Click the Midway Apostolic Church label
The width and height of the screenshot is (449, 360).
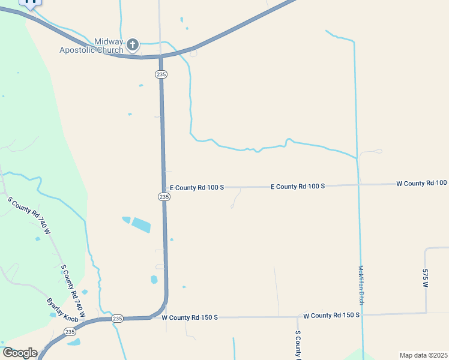(91, 46)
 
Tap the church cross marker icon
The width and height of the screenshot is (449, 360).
(133, 44)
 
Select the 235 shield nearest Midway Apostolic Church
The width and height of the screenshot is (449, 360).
(160, 74)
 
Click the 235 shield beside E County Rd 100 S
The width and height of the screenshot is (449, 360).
(164, 197)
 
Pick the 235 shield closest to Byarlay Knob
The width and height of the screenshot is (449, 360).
(70, 331)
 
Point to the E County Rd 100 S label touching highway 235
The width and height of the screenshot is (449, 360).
(196, 188)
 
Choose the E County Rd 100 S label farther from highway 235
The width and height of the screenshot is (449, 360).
(297, 187)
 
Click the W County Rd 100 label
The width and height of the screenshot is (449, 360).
(421, 183)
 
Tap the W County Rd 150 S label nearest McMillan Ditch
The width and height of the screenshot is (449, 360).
(331, 315)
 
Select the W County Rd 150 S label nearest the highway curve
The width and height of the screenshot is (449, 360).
(190, 317)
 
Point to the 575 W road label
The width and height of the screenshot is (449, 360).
(424, 278)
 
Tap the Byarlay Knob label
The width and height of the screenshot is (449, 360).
(62, 309)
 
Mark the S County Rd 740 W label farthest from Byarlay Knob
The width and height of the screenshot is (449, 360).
(28, 215)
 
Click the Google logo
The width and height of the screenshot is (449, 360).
(20, 353)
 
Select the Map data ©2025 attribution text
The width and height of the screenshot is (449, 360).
(423, 355)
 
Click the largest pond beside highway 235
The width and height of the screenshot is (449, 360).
(141, 225)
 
